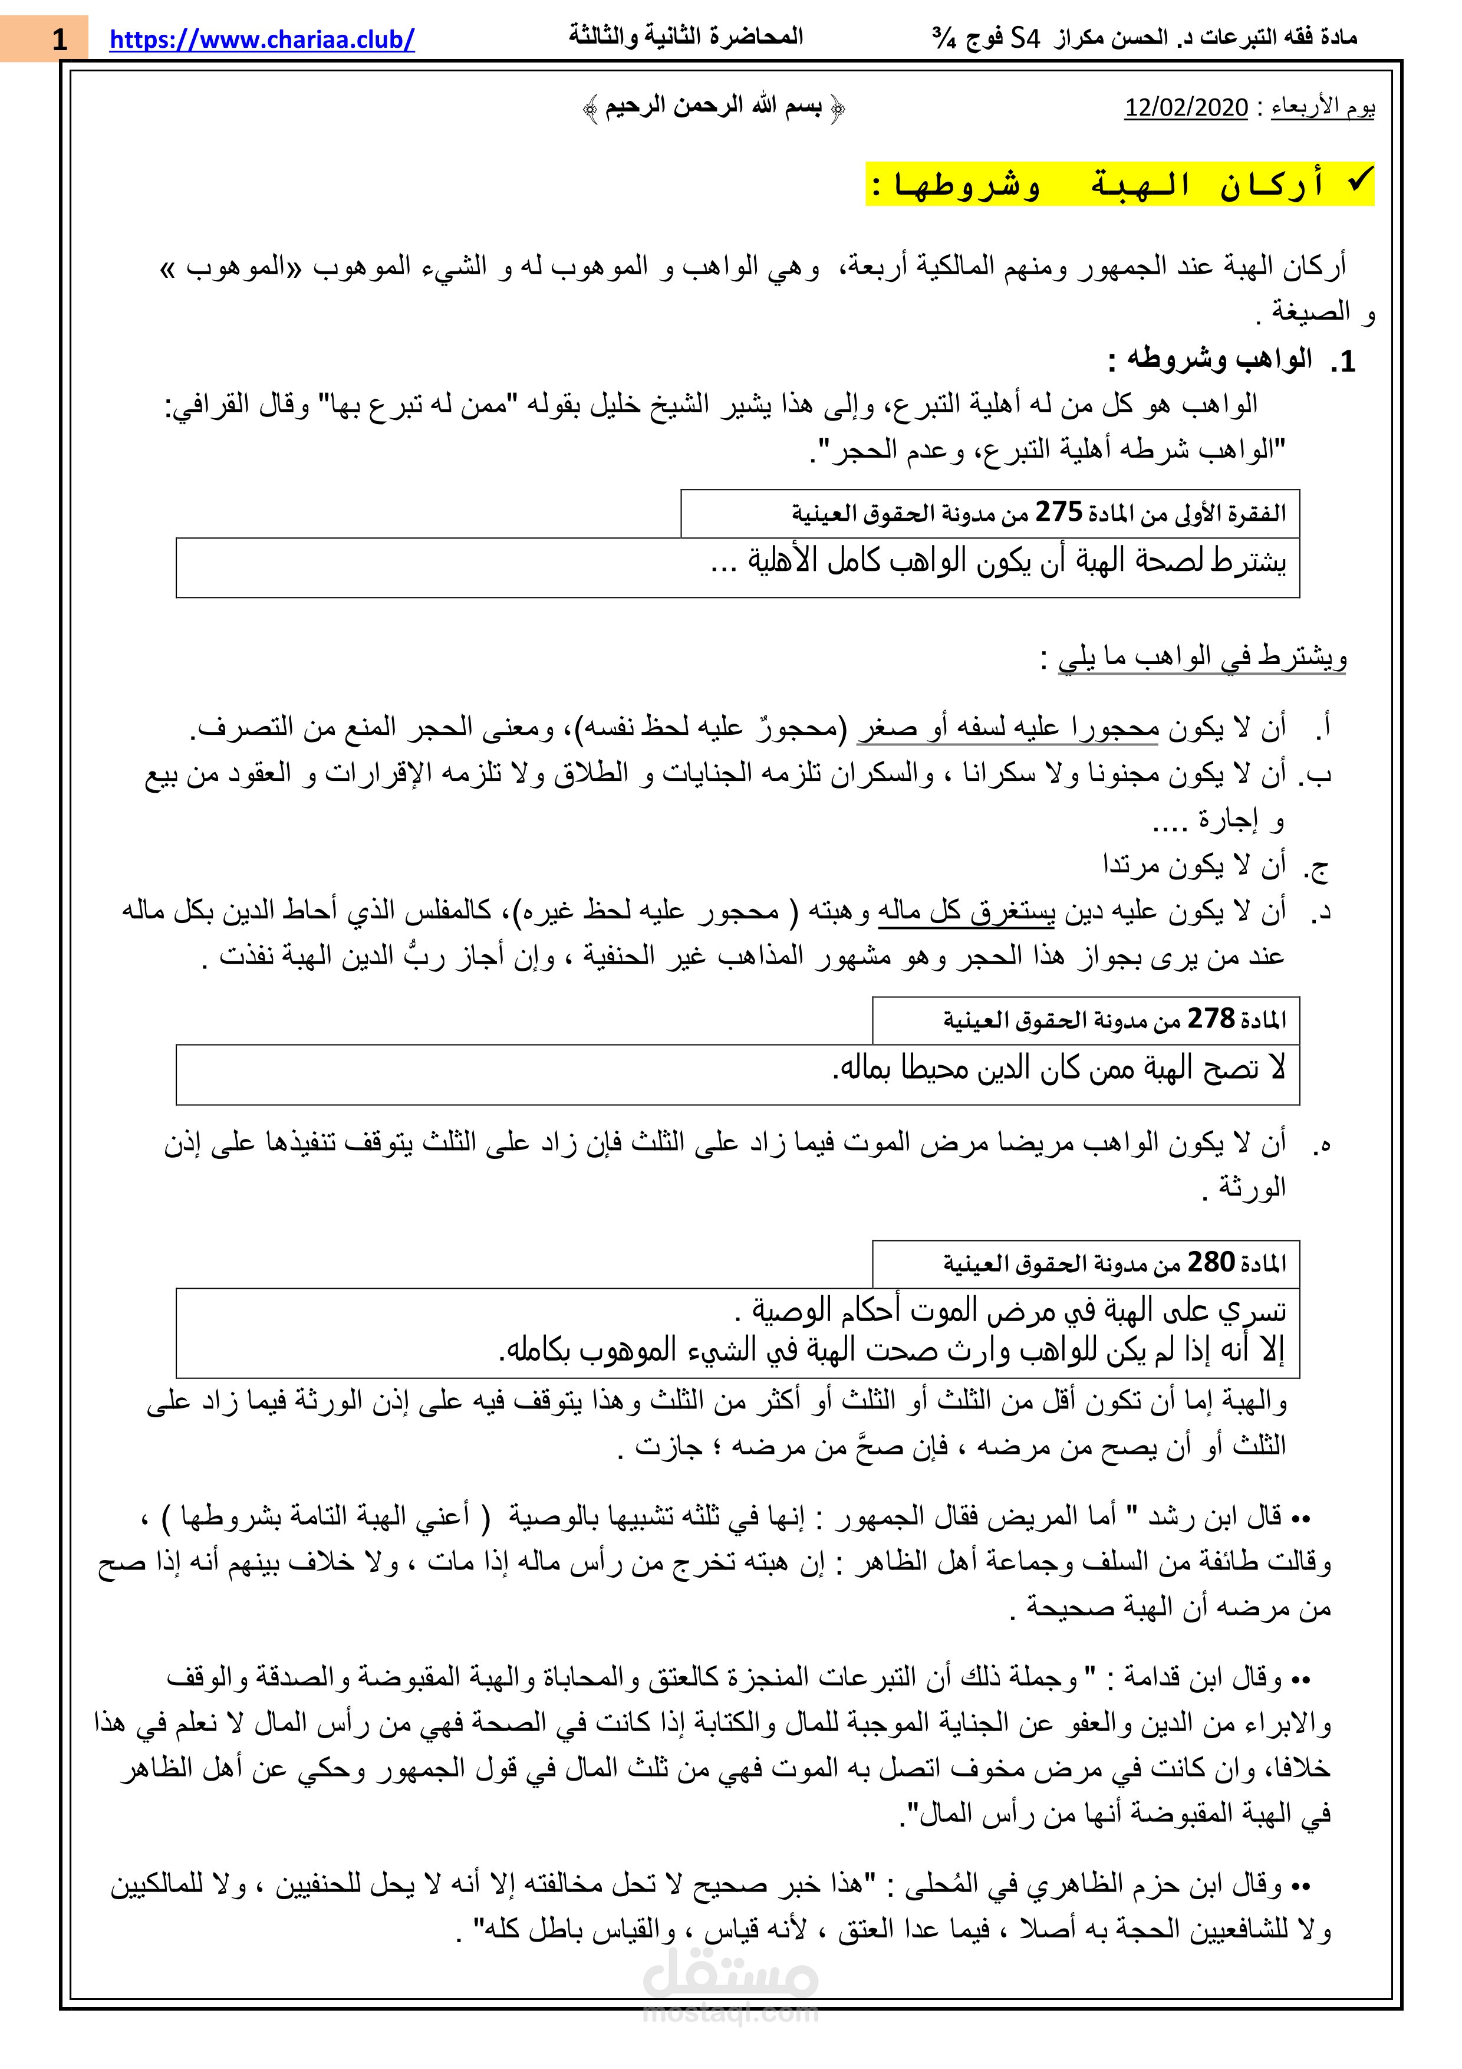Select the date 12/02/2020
(x=1186, y=107)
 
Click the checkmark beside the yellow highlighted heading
(x=1358, y=180)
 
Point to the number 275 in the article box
(x=1058, y=512)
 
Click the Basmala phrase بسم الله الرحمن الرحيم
(x=713, y=106)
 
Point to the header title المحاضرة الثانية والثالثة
(x=686, y=37)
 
